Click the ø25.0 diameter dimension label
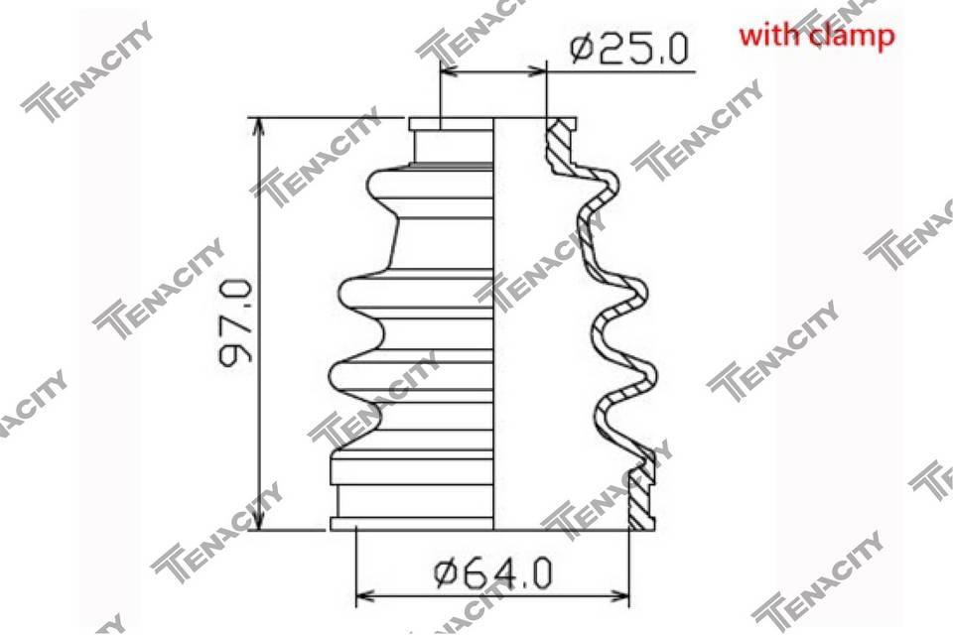click(x=629, y=50)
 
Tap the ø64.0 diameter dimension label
click(x=493, y=573)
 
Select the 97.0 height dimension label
click(x=235, y=322)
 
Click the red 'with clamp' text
click(x=817, y=36)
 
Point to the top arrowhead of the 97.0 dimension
click(x=259, y=126)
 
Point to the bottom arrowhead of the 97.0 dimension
click(x=259, y=521)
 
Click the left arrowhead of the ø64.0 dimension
click(x=364, y=595)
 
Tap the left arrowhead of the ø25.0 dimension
click(x=449, y=71)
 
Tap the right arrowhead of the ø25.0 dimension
click(x=537, y=71)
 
